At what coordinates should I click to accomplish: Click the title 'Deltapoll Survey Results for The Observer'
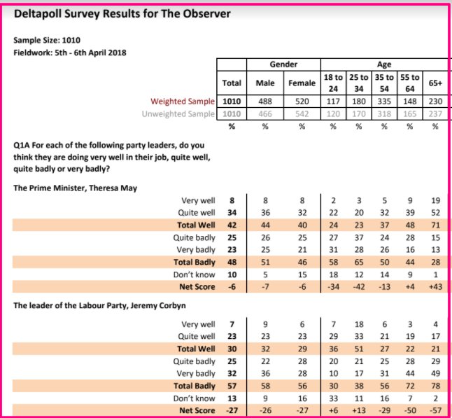[x=132, y=13]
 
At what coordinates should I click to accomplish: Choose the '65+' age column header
[x=435, y=83]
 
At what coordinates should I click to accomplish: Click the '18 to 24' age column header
[x=333, y=83]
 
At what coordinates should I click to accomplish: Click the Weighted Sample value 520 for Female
[x=302, y=102]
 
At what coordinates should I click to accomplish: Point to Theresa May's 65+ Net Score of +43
[x=435, y=288]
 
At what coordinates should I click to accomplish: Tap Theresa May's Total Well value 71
[x=435, y=225]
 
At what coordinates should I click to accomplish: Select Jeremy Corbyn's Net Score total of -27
[x=232, y=411]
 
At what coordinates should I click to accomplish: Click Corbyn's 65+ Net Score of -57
[x=435, y=411]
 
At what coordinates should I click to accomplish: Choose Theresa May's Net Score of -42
[x=358, y=288]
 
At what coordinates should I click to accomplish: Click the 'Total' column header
[x=232, y=83]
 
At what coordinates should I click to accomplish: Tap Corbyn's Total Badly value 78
[x=435, y=386]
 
